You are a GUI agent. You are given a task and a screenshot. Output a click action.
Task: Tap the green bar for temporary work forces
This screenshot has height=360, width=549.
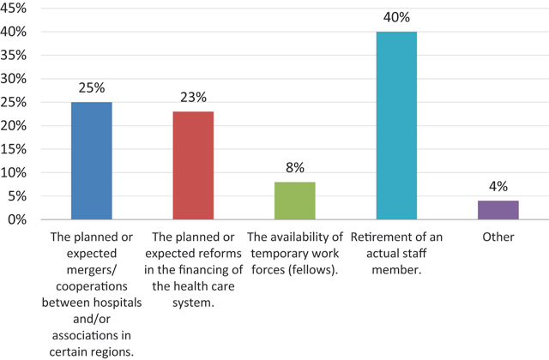(x=294, y=201)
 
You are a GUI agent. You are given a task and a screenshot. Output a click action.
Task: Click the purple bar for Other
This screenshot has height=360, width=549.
(x=498, y=210)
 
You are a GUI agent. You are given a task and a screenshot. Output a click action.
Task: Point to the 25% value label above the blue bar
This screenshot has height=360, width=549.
(x=91, y=89)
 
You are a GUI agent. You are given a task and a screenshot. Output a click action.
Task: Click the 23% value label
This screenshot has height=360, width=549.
(x=192, y=98)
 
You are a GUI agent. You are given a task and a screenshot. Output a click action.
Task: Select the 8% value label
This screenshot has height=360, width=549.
(x=294, y=168)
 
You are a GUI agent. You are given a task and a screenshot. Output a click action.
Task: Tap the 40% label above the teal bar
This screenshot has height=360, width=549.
(x=396, y=18)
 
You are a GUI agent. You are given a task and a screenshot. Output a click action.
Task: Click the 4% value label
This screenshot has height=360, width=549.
(x=498, y=187)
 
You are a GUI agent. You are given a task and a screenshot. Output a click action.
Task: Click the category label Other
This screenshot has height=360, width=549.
(x=498, y=237)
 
